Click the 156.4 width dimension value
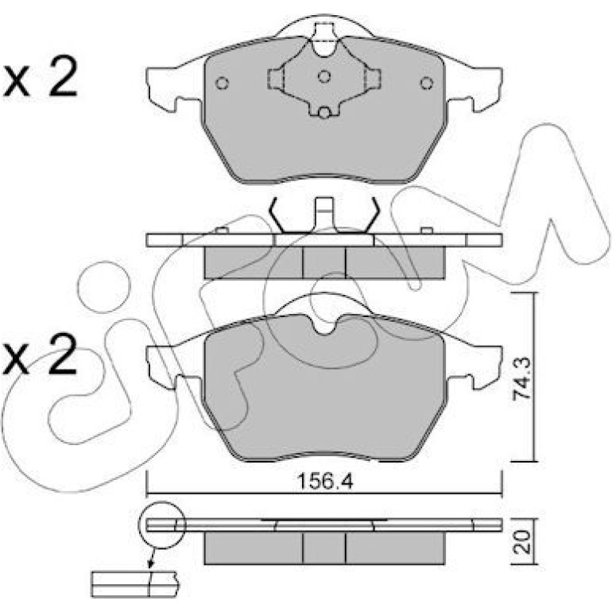(325, 482)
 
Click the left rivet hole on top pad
(222, 83)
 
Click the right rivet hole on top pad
(427, 83)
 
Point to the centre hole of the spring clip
(324, 76)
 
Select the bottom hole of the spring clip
(323, 113)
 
